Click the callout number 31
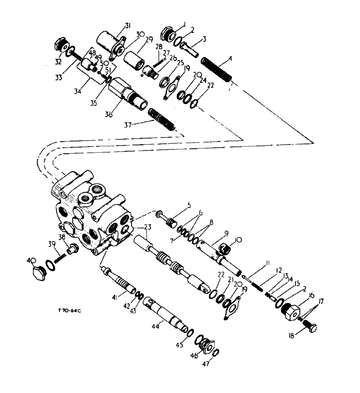[127, 26]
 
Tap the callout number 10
[239, 239]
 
